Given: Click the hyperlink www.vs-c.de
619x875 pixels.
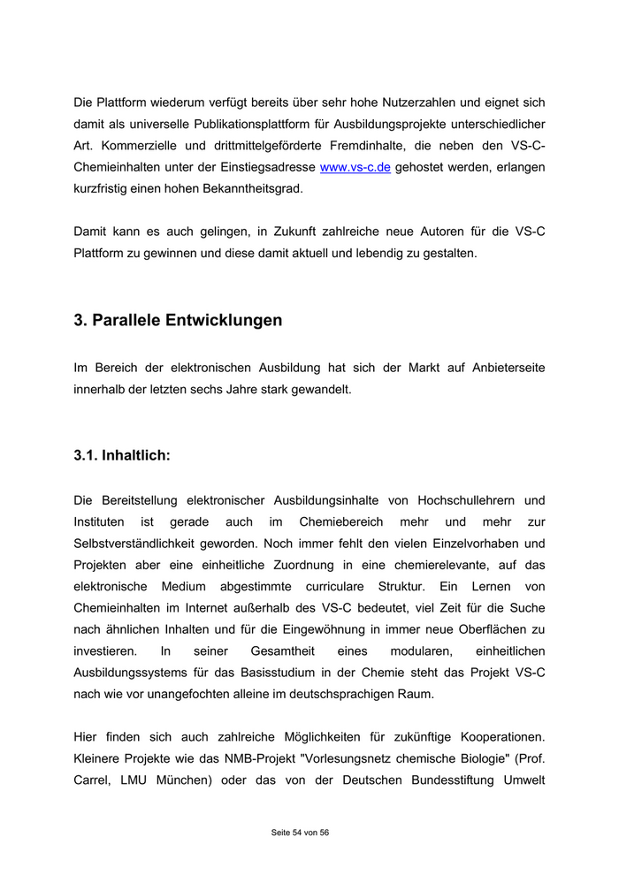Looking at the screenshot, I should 355,167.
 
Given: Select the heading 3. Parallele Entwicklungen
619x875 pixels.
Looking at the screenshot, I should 178,320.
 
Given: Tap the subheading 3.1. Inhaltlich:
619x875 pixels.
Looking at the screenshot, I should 122,456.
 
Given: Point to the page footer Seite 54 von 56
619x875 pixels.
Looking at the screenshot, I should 300,832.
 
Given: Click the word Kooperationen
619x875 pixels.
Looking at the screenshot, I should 497,736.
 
